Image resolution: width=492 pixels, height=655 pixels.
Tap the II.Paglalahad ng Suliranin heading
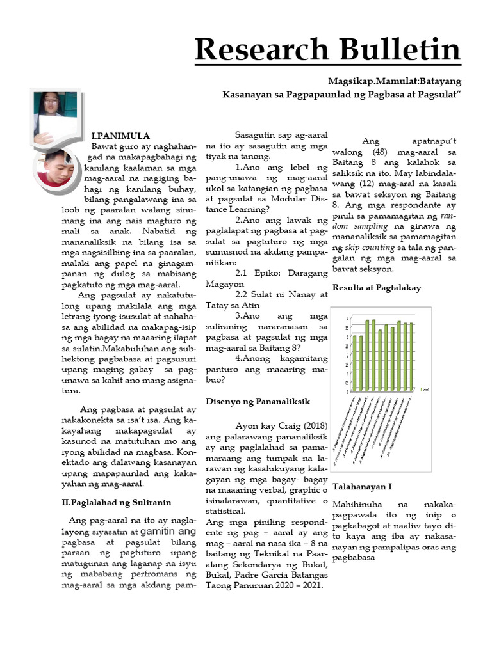117,502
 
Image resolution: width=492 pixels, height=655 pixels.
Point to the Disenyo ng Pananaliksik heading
258,401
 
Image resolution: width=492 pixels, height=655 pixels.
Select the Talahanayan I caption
362,487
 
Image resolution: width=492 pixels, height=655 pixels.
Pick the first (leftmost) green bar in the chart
354,362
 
